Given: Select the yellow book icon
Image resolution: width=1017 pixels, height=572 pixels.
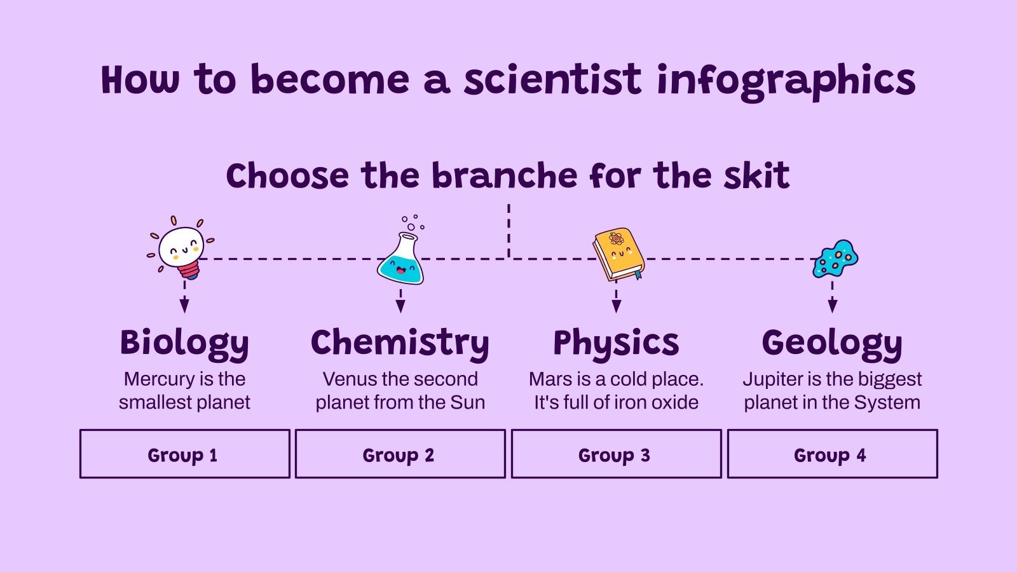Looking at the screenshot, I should tap(618, 254).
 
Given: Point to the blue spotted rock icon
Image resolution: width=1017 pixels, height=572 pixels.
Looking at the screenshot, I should tap(835, 259).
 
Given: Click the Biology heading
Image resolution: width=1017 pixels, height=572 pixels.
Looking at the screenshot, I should tap(184, 343).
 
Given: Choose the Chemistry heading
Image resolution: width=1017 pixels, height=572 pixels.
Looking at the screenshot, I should tap(400, 343).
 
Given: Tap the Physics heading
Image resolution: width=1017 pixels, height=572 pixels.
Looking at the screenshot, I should tap(616, 343).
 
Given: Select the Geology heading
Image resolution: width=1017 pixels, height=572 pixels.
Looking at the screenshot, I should tap(832, 343).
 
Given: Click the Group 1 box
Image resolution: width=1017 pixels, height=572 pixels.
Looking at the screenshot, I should tap(184, 454).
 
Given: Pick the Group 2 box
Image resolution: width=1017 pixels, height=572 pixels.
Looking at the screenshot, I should tap(400, 454).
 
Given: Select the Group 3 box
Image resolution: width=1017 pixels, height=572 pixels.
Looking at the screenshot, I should tap(616, 454).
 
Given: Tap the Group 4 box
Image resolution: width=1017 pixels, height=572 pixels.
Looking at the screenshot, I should tap(832, 454).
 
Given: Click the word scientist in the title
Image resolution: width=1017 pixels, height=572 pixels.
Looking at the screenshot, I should tap(552, 80).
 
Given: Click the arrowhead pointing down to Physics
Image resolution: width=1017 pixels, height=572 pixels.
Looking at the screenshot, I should tap(616, 306).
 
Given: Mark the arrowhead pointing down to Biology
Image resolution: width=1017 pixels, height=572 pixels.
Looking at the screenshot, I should tap(184, 306).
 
